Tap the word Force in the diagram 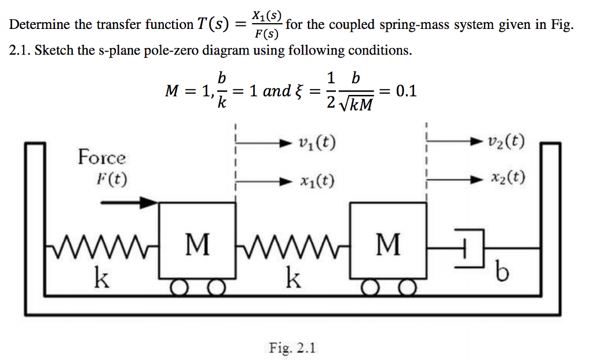102,157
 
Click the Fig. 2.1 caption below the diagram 292,348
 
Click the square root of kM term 356,105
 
